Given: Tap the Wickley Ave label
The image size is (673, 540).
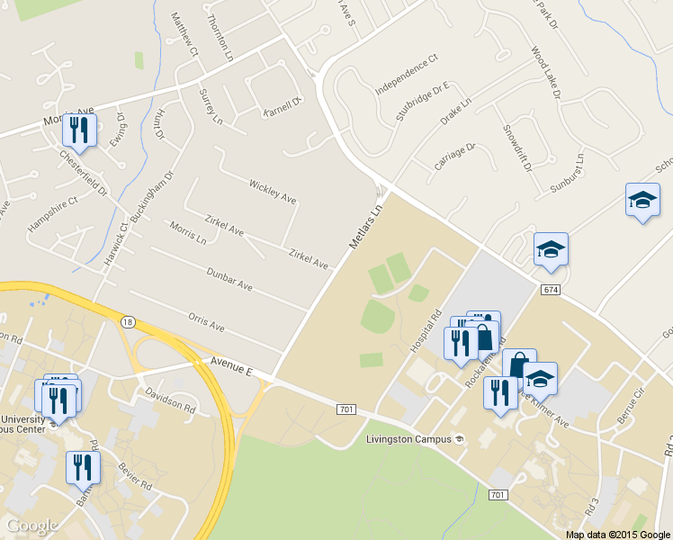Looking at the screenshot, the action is coord(272,191).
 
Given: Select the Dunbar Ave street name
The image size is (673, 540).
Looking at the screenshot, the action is coord(229,278).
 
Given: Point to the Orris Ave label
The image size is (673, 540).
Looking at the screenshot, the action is coord(206,322).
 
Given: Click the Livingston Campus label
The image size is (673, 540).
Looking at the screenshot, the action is coord(410,439).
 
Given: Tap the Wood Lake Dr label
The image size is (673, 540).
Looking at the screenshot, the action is coord(546,73).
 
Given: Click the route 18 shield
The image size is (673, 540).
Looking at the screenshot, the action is coord(130,321).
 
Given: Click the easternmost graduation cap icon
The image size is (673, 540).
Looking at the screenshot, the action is coord(642,202).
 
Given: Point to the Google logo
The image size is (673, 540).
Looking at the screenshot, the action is coord(32,526).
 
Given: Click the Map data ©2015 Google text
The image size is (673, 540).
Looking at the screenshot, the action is coord(617,534).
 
